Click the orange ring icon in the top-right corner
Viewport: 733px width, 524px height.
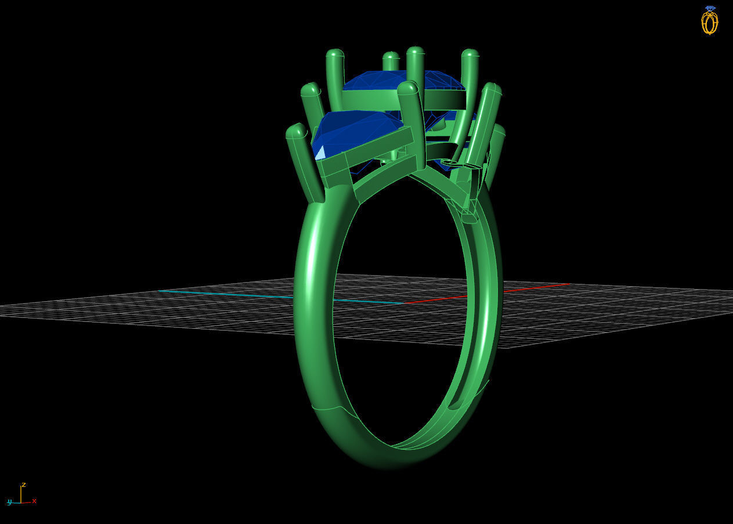[709, 23]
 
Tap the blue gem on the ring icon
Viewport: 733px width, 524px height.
[710, 9]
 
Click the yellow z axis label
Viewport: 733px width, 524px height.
[24, 485]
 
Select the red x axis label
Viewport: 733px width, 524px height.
[34, 501]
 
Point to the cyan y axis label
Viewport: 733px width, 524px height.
[9, 502]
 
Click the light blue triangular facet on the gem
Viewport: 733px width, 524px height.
[319, 153]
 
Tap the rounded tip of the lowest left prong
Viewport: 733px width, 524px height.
[296, 131]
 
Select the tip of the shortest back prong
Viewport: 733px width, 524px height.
[391, 57]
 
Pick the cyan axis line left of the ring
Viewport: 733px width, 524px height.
[232, 294]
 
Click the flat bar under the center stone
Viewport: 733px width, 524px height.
[371, 100]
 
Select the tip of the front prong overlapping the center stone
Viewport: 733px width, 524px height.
[407, 88]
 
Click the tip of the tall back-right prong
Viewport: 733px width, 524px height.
[470, 54]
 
